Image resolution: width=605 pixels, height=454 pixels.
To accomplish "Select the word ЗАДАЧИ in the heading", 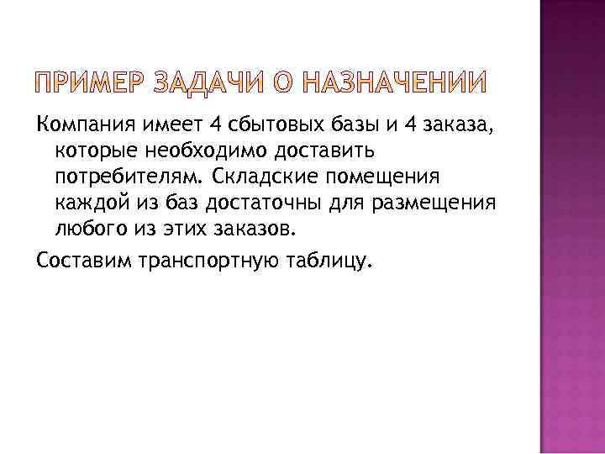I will point(217,84).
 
